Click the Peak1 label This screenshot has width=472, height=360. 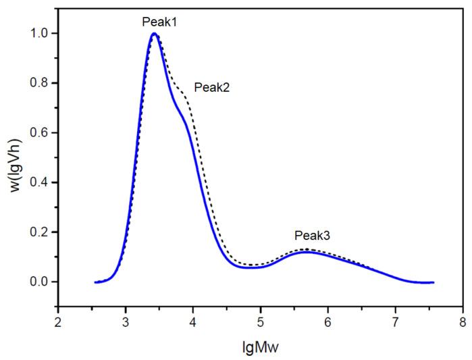[159, 21]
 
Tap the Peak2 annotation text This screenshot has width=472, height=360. [212, 87]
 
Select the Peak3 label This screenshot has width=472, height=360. [312, 236]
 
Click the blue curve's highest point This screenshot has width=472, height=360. [155, 34]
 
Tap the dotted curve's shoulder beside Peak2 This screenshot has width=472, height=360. [180, 88]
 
